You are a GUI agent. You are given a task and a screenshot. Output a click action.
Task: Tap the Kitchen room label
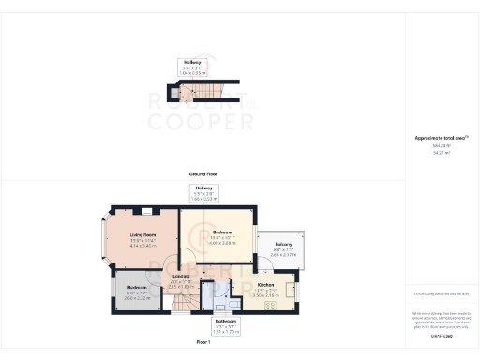pos(264,284)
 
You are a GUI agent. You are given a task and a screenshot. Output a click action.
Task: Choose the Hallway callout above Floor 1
pos(203,193)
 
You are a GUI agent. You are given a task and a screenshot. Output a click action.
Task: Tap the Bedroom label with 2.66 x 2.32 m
pos(138,292)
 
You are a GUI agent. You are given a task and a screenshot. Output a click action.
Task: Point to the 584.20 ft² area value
pos(441,144)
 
